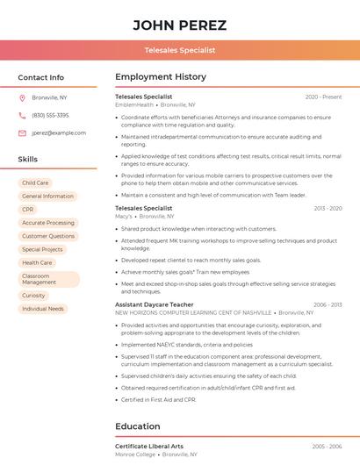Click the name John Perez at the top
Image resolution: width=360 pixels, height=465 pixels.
click(179, 25)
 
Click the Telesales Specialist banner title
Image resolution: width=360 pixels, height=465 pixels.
click(179, 50)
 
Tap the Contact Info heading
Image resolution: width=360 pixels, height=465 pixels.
click(41, 77)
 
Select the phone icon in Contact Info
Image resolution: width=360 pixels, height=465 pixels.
click(22, 115)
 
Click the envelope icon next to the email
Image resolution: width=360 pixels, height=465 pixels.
click(22, 132)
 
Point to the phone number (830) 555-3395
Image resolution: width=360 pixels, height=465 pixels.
click(50, 115)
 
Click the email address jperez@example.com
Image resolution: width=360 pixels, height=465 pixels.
click(59, 132)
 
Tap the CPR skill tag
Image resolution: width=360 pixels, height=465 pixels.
click(28, 210)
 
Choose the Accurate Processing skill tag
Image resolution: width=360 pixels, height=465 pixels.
click(48, 223)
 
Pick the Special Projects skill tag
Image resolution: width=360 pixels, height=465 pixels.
click(42, 249)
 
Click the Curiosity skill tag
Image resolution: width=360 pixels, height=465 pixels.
click(33, 296)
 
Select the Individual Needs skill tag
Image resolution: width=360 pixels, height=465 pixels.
click(43, 309)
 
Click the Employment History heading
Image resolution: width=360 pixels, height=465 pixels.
click(161, 77)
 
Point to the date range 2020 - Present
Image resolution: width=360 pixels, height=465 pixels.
click(323, 97)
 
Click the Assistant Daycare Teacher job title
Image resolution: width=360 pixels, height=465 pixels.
click(155, 304)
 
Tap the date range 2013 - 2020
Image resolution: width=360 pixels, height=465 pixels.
click(327, 208)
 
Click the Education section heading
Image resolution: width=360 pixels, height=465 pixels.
click(139, 426)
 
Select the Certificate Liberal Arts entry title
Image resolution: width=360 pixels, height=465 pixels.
click(149, 447)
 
